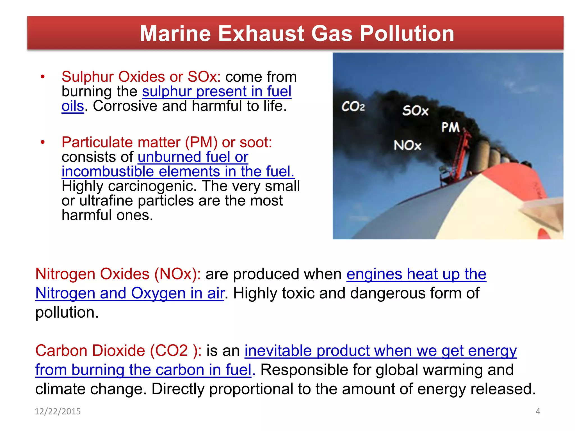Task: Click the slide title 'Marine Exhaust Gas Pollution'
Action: pos(297,33)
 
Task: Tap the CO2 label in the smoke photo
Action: pos(353,106)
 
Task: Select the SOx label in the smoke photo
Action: pos(415,111)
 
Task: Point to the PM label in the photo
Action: pos(450,127)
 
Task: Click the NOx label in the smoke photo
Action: pos(407,145)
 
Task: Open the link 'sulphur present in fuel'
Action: pos(216,91)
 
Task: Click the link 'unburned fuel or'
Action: pos(193,157)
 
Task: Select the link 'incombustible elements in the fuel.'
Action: pos(178,171)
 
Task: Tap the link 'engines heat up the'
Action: pos(416,274)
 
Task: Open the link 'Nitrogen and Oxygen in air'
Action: pos(130,293)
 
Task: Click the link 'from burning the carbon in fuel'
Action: pos(143,370)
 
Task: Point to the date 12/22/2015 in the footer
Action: pos(58,411)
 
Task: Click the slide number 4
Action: pos(538,411)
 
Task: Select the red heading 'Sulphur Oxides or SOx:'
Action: pos(141,77)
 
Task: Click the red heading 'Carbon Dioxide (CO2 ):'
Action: pos(118,351)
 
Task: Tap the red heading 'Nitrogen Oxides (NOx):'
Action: pos(118,274)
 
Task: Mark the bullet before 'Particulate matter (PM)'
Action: pos(43,142)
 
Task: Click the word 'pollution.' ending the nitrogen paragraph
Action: pos(67,313)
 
